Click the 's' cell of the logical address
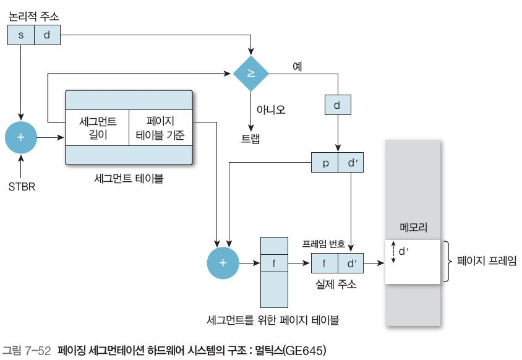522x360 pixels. coord(20,35)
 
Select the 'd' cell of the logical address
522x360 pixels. coord(47,35)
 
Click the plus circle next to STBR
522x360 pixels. coord(21,137)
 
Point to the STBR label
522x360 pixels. coord(21,185)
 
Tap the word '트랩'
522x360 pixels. coord(250,137)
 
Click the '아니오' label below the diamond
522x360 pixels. coord(271,109)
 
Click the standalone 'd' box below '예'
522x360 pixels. coord(338,105)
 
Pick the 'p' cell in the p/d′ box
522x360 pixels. coord(325,163)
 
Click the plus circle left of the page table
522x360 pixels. coord(223,262)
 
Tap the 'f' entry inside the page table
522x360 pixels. coord(274,262)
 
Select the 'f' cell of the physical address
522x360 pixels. coord(324,262)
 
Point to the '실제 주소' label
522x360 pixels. coord(336,284)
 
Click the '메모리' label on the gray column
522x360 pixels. coord(413,226)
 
